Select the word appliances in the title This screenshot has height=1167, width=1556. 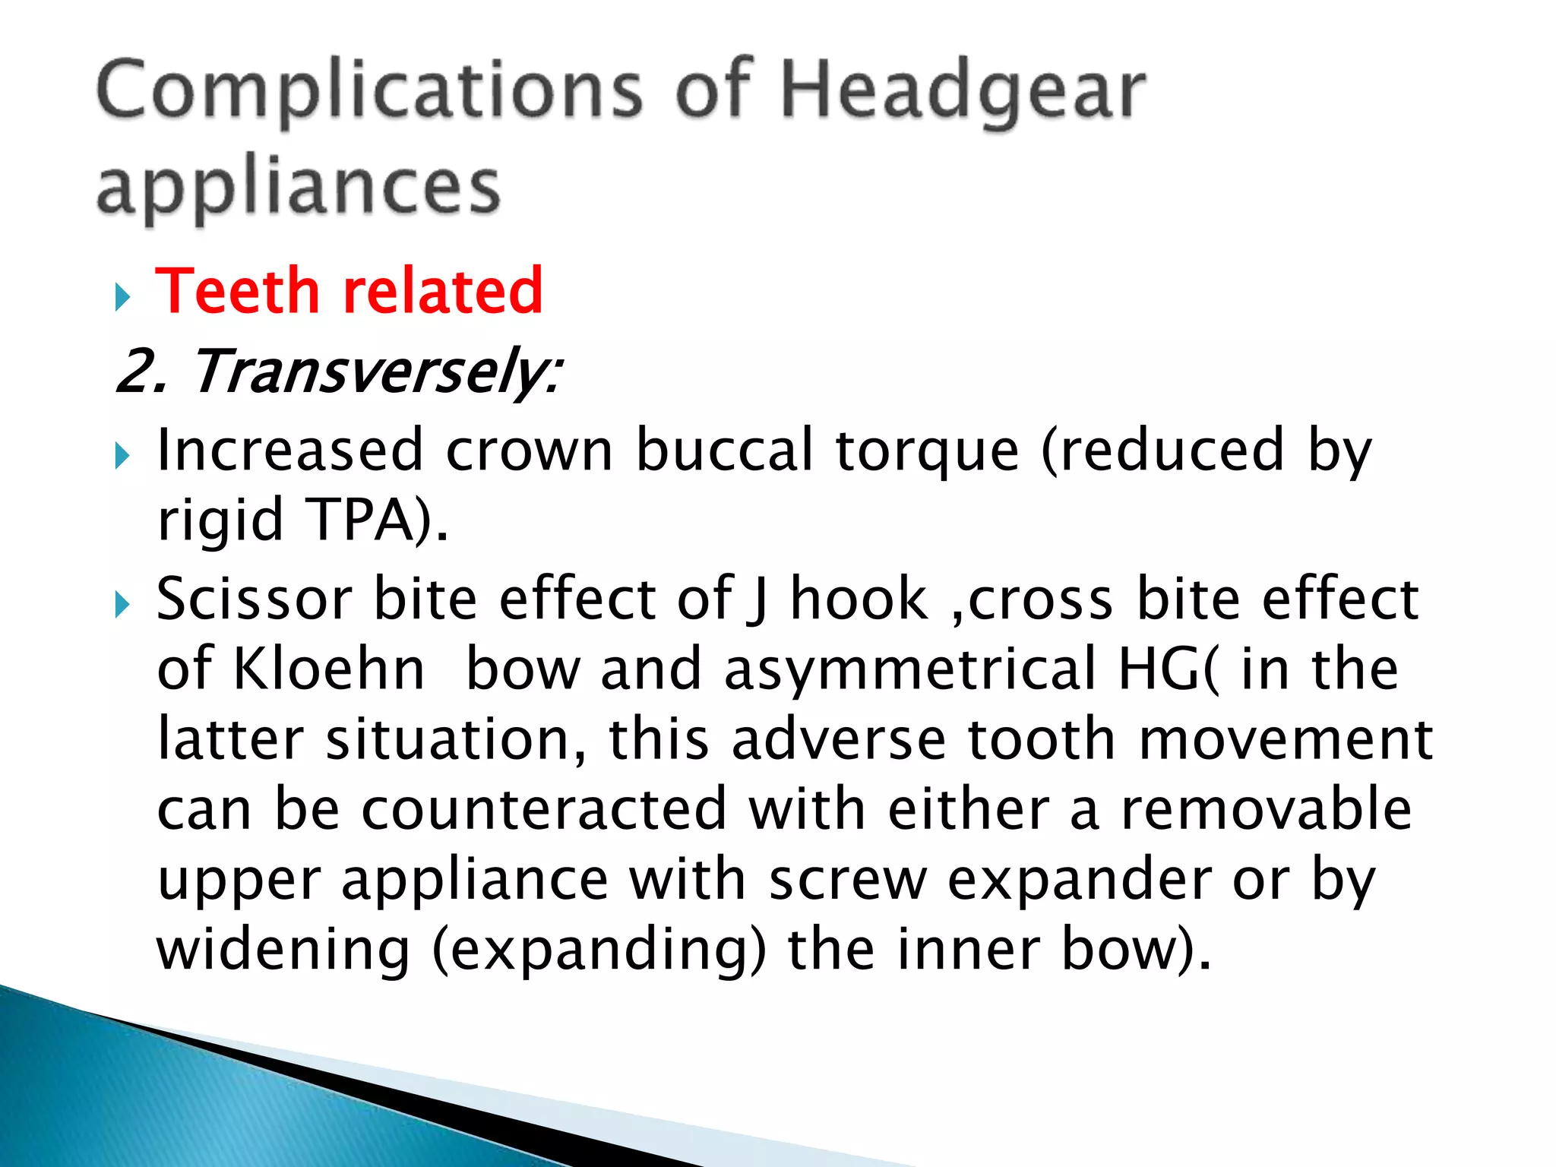click(299, 188)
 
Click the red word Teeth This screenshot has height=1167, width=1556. click(237, 291)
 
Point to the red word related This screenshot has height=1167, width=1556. click(443, 291)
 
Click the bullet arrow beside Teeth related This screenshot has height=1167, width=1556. click(122, 297)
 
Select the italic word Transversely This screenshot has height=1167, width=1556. click(376, 372)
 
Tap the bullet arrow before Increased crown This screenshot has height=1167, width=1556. click(122, 457)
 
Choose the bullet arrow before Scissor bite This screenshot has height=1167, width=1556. click(122, 606)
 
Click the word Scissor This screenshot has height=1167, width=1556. click(255, 599)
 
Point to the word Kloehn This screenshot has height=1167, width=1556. click(328, 669)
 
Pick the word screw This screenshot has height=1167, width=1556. click(848, 880)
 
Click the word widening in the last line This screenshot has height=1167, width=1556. click(283, 950)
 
